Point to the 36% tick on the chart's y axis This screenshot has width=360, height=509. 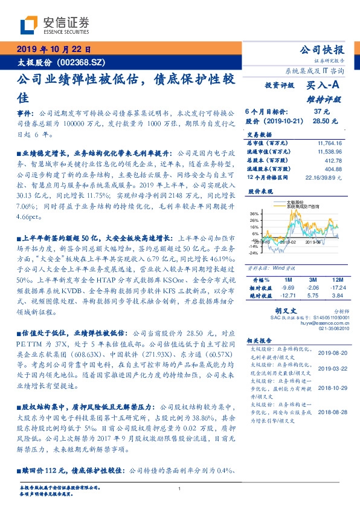[x=254, y=213]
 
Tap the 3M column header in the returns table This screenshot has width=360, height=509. [x=312, y=280]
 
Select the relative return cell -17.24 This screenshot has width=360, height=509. [x=336, y=288]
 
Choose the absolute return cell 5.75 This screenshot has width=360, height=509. [x=312, y=295]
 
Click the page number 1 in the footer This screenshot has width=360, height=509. [x=180, y=488]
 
